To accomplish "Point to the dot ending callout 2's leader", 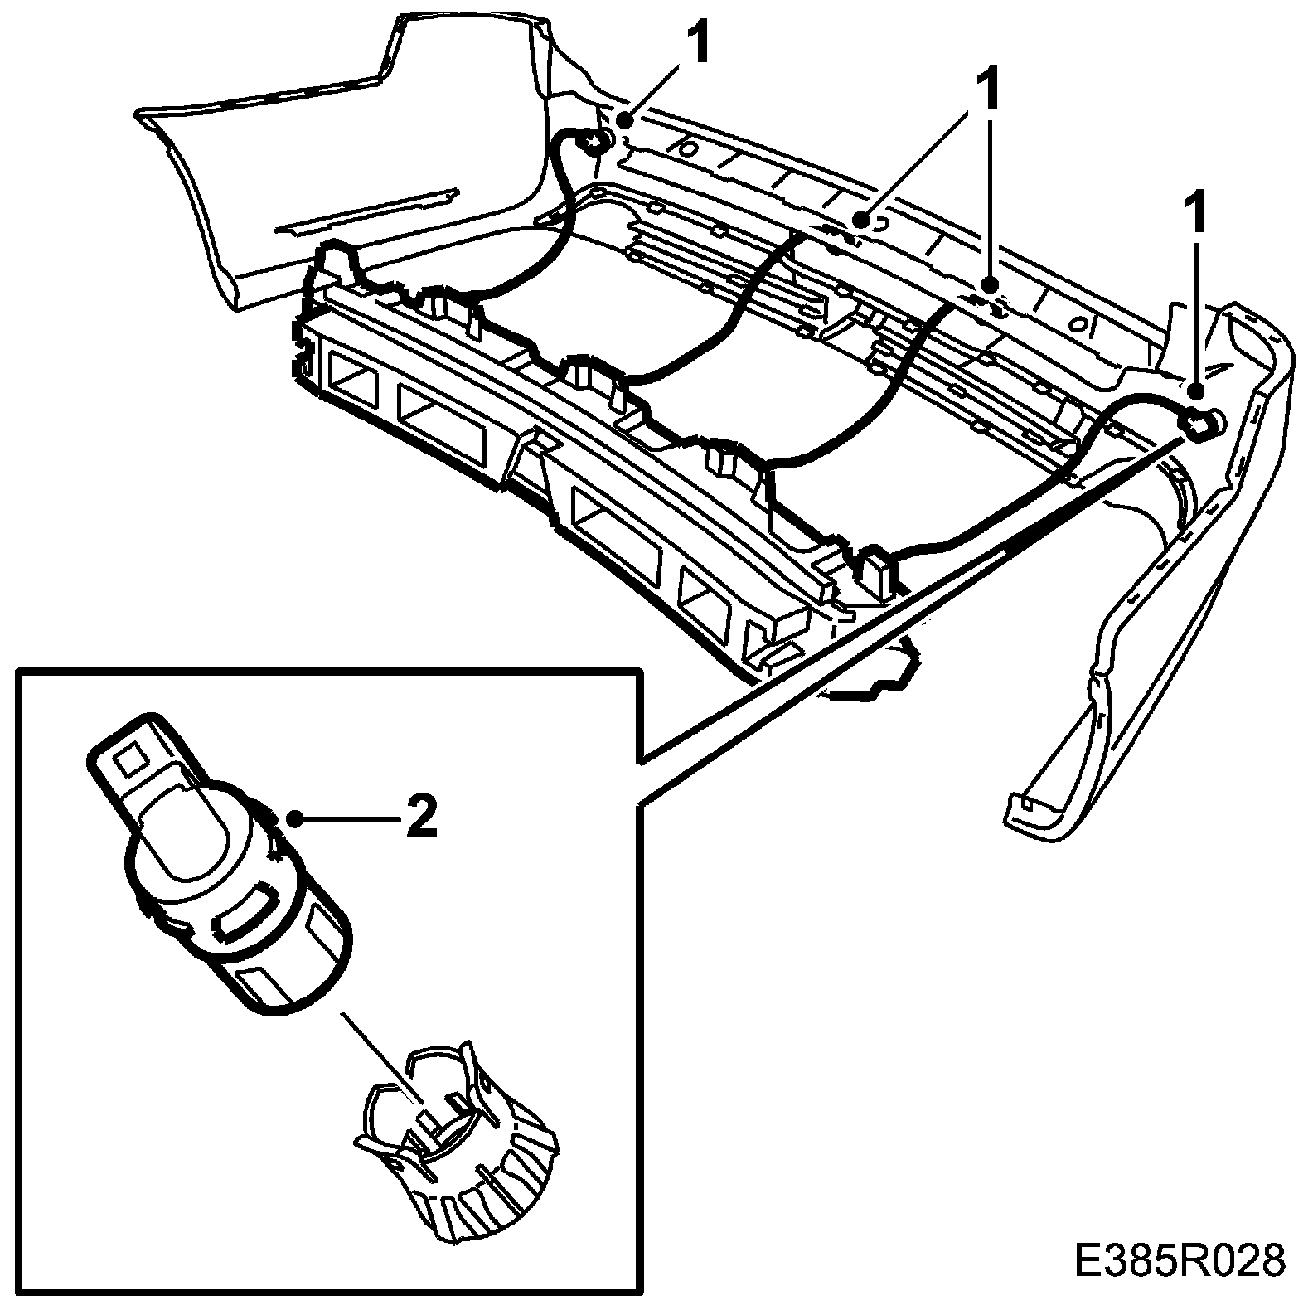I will (294, 819).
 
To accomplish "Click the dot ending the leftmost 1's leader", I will (624, 119).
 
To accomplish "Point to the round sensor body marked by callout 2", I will (240, 895).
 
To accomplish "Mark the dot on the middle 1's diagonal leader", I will (863, 221).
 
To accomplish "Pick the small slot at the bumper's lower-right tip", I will (1027, 802).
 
